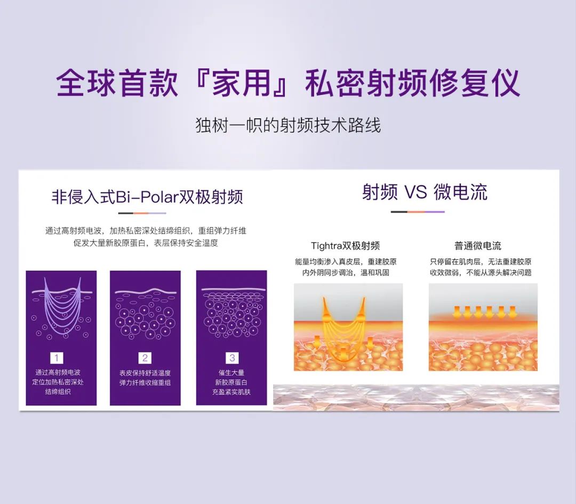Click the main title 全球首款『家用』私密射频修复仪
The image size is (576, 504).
(287, 83)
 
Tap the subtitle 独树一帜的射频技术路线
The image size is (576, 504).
(288, 125)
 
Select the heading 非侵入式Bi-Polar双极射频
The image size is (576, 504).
(147, 196)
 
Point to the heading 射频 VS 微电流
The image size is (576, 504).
(425, 192)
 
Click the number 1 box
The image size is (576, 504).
(57, 358)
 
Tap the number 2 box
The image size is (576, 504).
(145, 358)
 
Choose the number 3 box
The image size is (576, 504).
(232, 358)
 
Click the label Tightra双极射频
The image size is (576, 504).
(345, 246)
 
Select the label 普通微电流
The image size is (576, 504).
(477, 246)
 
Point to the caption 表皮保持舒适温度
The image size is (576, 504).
(145, 373)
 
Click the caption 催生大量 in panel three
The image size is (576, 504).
(231, 372)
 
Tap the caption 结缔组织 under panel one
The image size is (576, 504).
(58, 391)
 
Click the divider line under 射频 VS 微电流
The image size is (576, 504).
(418, 212)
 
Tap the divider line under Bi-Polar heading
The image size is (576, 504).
(142, 213)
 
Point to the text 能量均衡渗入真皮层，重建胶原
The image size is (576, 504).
(346, 261)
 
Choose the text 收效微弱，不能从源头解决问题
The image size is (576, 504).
(481, 273)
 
